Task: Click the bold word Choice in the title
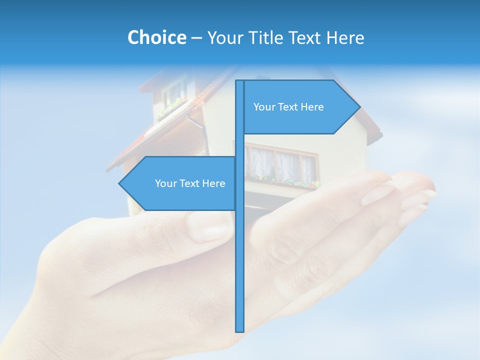[156, 37]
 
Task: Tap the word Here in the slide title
[345, 37]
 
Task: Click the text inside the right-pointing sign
[288, 107]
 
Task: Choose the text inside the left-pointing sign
[190, 183]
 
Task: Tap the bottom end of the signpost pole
[240, 330]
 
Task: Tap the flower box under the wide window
[285, 181]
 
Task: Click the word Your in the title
[224, 37]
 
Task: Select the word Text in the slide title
[305, 37]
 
